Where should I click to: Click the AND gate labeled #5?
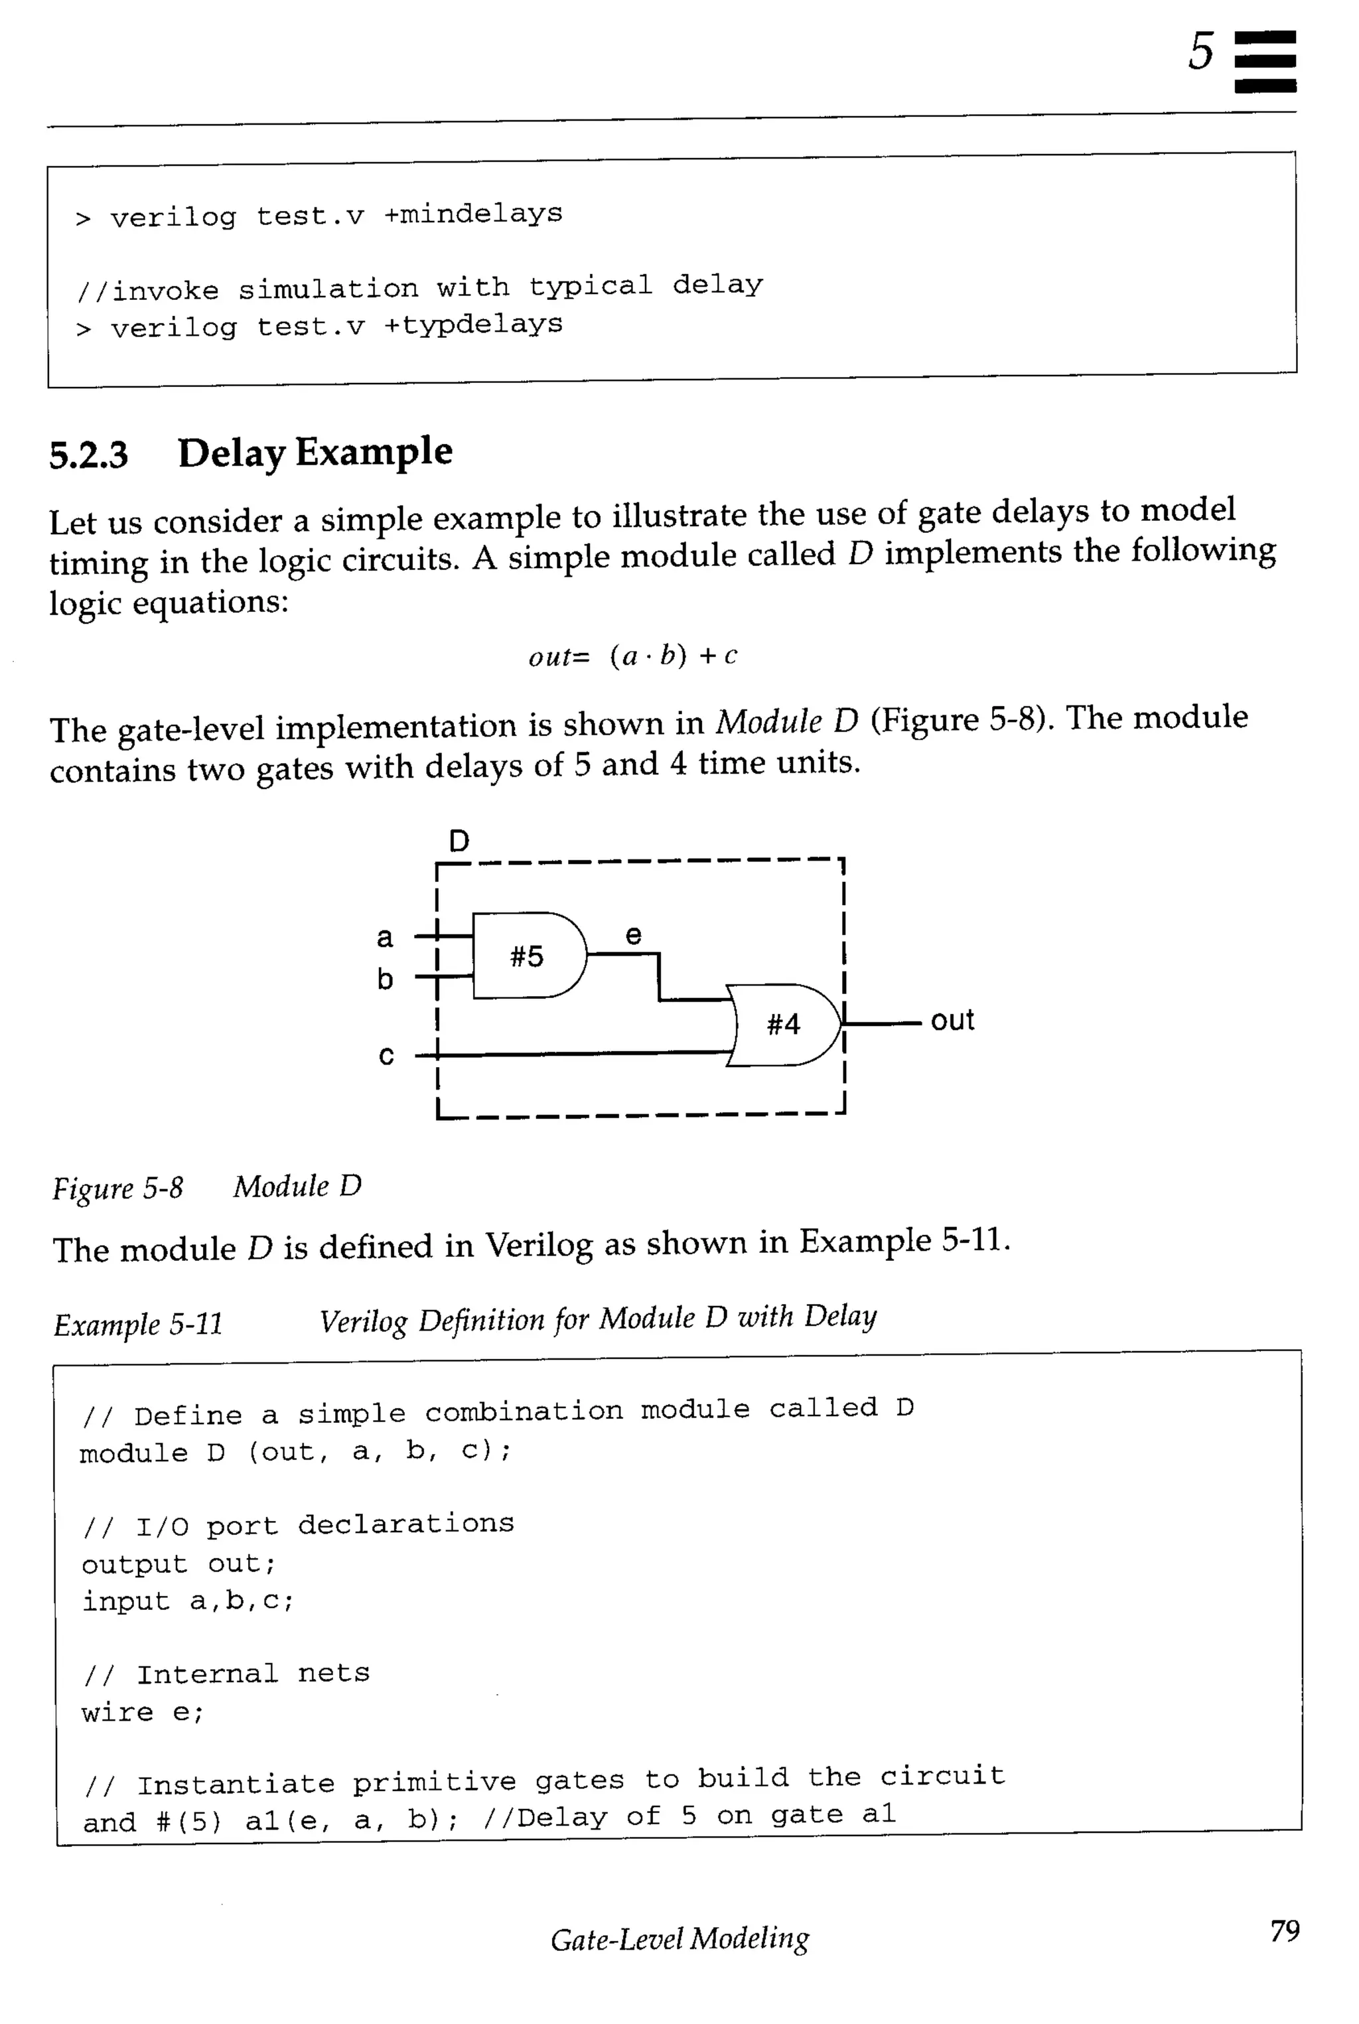pyautogui.click(x=527, y=955)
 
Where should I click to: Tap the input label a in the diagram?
pyautogui.click(x=385, y=937)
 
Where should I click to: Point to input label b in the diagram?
pyautogui.click(x=385, y=979)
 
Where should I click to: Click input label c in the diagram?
pyautogui.click(x=387, y=1055)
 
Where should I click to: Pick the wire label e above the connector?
pyautogui.click(x=634, y=934)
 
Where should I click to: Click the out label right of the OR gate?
pyautogui.click(x=952, y=1020)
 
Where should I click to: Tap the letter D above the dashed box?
pyautogui.click(x=459, y=841)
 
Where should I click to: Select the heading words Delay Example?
pyautogui.click(x=315, y=453)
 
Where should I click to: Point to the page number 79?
pyautogui.click(x=1285, y=1930)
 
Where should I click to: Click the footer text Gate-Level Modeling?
pyautogui.click(x=679, y=1938)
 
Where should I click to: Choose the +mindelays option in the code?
pyautogui.click(x=473, y=213)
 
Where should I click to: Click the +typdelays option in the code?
pyautogui.click(x=473, y=325)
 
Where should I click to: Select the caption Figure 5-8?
pyautogui.click(x=118, y=1188)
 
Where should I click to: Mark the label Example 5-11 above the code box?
pyautogui.click(x=139, y=1324)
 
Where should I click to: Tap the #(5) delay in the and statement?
pyautogui.click(x=189, y=1820)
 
